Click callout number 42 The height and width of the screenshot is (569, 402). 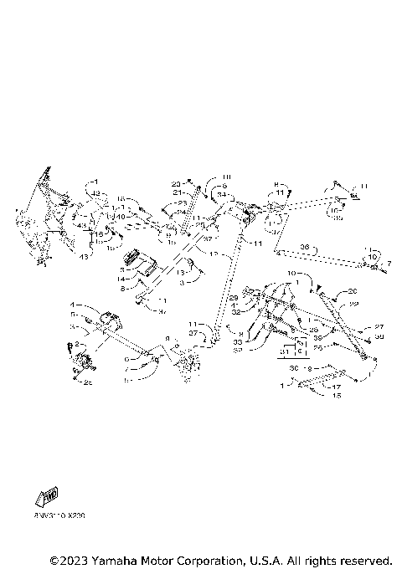point(96,194)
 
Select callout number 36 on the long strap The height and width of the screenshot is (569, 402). point(304,247)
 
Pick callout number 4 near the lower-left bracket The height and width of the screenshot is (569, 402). point(73,305)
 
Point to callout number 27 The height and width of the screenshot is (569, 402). point(379,327)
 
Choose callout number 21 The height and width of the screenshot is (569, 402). point(178,192)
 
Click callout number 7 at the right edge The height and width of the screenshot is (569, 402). point(389,264)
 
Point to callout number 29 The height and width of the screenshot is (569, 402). point(234,298)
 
